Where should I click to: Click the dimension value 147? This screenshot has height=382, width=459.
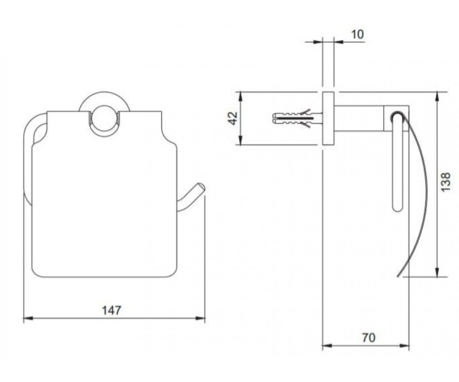112,310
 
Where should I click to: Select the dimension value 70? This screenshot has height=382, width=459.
369,338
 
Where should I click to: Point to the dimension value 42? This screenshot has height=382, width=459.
232,118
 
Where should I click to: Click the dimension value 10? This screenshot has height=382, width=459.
357,34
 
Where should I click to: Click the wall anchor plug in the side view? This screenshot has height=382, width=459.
297,118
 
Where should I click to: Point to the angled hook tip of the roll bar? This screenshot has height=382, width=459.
201,187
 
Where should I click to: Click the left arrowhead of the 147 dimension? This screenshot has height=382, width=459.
28,319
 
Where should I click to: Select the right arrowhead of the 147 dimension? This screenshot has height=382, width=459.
200,319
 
